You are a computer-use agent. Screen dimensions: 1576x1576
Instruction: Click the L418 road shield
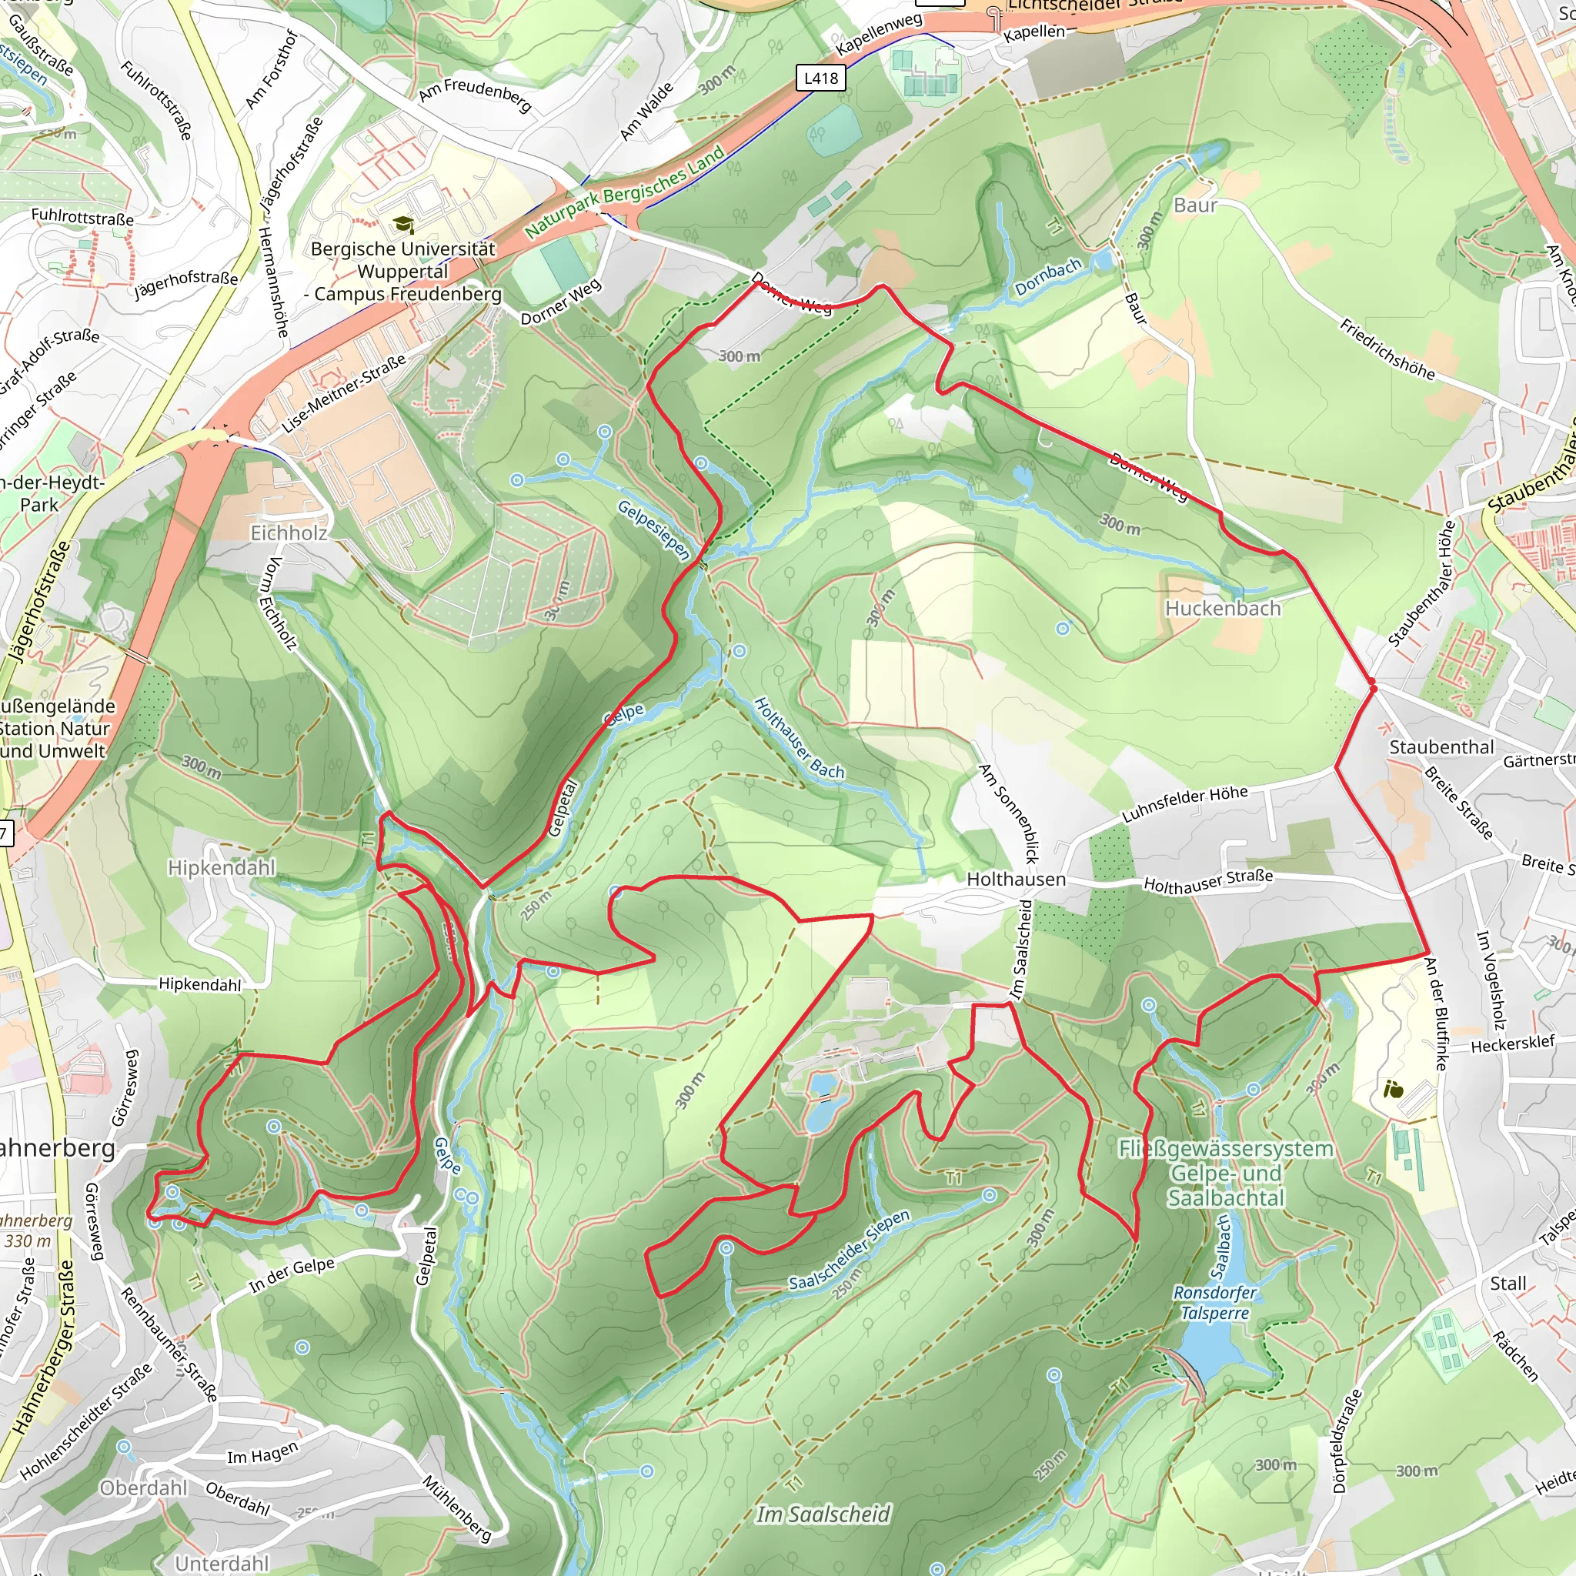pos(820,78)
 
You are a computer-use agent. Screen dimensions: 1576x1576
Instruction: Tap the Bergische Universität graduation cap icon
pos(403,225)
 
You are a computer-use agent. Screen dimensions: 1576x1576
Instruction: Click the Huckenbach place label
pos(1222,609)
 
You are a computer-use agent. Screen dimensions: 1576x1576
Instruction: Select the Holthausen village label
pos(1016,880)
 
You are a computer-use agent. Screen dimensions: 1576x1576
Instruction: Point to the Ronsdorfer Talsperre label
pos(1214,1303)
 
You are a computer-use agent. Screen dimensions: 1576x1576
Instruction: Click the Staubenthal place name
pos(1441,747)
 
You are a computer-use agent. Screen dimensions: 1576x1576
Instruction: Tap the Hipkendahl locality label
pos(222,867)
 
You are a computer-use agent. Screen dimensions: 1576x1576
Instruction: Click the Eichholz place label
pos(289,533)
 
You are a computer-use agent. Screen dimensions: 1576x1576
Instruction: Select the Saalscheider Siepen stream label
pos(848,1250)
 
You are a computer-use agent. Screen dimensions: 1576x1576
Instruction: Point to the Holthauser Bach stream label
pos(799,737)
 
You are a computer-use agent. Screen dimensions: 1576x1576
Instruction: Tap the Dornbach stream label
pos(1047,277)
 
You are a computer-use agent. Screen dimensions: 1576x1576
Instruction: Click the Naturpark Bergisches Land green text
pos(624,192)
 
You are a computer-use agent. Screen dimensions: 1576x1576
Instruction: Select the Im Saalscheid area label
pos(823,1514)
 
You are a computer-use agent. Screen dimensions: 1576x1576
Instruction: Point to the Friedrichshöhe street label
pos(1387,349)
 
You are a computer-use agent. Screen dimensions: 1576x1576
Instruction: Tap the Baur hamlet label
pos(1195,205)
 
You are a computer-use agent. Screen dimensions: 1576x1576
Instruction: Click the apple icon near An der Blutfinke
pos(1394,1088)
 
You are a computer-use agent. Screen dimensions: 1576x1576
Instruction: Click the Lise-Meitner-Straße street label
pos(343,394)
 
